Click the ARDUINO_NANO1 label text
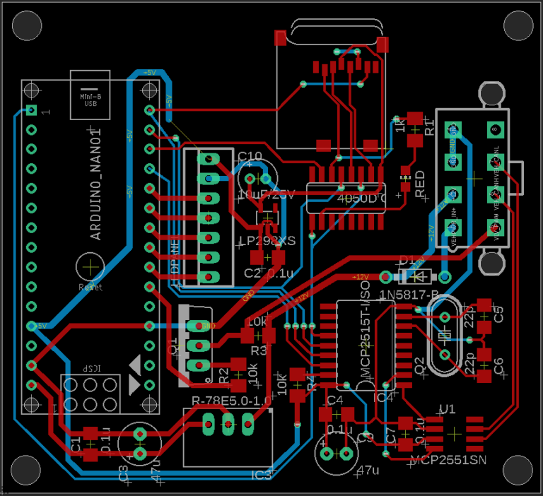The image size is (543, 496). pyautogui.click(x=96, y=184)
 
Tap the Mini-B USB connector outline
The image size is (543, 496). pyautogui.click(x=90, y=95)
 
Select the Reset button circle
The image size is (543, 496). pyautogui.click(x=90, y=267)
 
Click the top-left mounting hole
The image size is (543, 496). pyautogui.click(x=26, y=25)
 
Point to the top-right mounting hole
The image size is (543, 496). pyautogui.click(x=518, y=25)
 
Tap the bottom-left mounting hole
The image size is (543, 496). pyautogui.click(x=26, y=470)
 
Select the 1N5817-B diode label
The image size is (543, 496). pyautogui.click(x=409, y=293)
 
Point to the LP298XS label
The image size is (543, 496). pyautogui.click(x=267, y=242)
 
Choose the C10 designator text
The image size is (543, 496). pyautogui.click(x=250, y=156)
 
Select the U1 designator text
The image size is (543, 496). pyautogui.click(x=447, y=408)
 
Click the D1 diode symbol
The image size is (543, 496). pyautogui.click(x=416, y=276)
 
